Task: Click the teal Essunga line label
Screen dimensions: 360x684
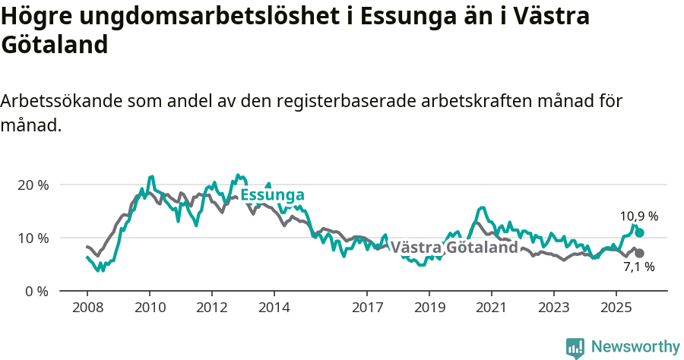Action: (x=272, y=195)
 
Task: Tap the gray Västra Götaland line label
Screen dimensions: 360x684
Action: (x=454, y=248)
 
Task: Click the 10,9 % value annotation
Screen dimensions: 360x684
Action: (x=639, y=216)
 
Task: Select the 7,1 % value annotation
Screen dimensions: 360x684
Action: (x=639, y=267)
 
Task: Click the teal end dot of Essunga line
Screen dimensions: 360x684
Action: (x=639, y=232)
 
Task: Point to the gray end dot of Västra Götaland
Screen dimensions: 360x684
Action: (x=639, y=253)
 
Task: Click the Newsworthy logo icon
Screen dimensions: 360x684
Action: (x=575, y=347)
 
